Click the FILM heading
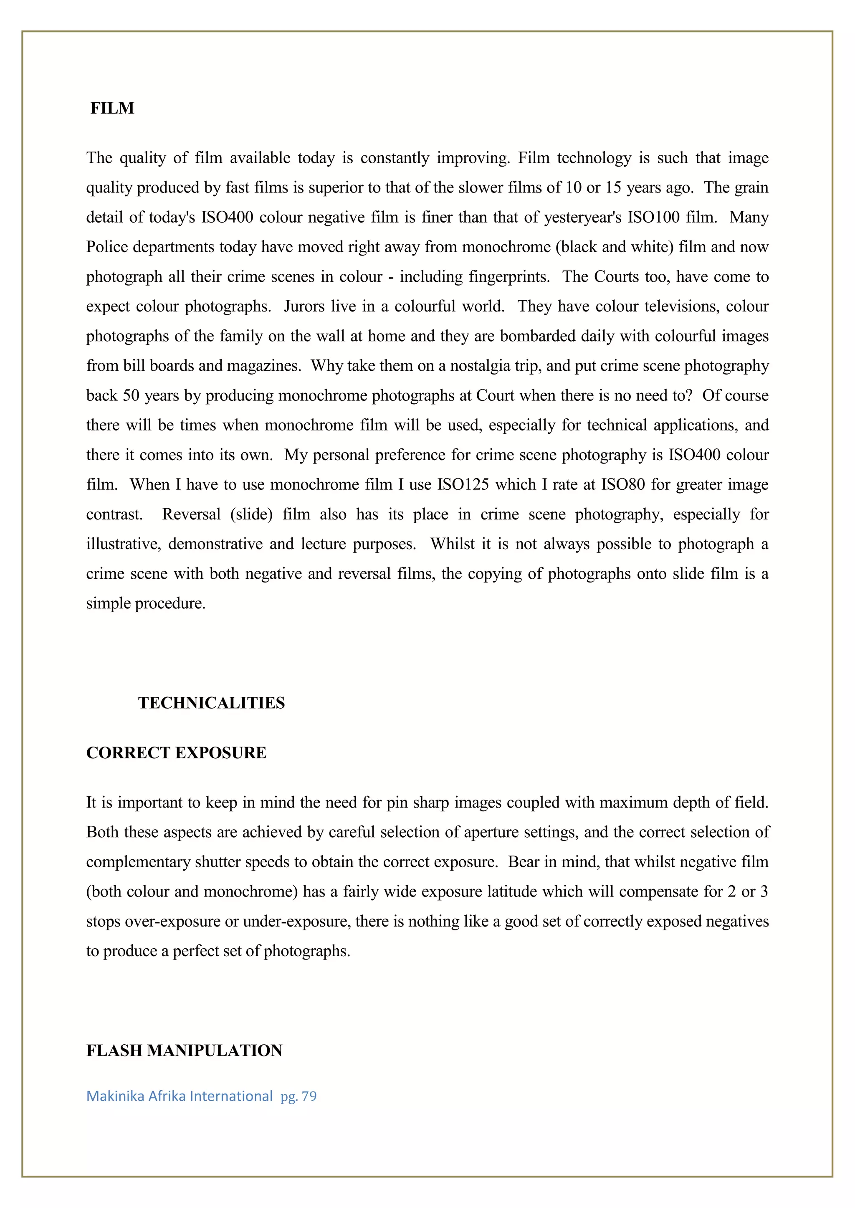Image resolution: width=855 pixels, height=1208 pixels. [112, 108]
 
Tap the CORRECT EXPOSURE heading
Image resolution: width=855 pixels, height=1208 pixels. [176, 752]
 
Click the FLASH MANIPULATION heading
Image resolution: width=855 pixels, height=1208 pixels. [184, 1050]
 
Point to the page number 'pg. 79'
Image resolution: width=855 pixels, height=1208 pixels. [298, 1096]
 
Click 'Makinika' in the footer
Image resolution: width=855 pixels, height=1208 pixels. [115, 1096]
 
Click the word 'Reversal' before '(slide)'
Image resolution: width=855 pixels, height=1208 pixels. [191, 514]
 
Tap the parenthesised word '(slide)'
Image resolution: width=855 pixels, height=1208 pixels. [251, 514]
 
